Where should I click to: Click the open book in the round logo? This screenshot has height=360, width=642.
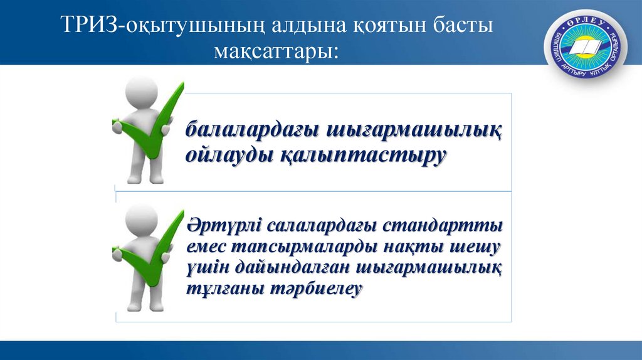click(587, 48)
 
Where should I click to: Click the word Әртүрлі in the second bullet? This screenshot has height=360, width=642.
click(223, 224)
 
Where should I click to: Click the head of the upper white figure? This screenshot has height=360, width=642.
click(142, 90)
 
